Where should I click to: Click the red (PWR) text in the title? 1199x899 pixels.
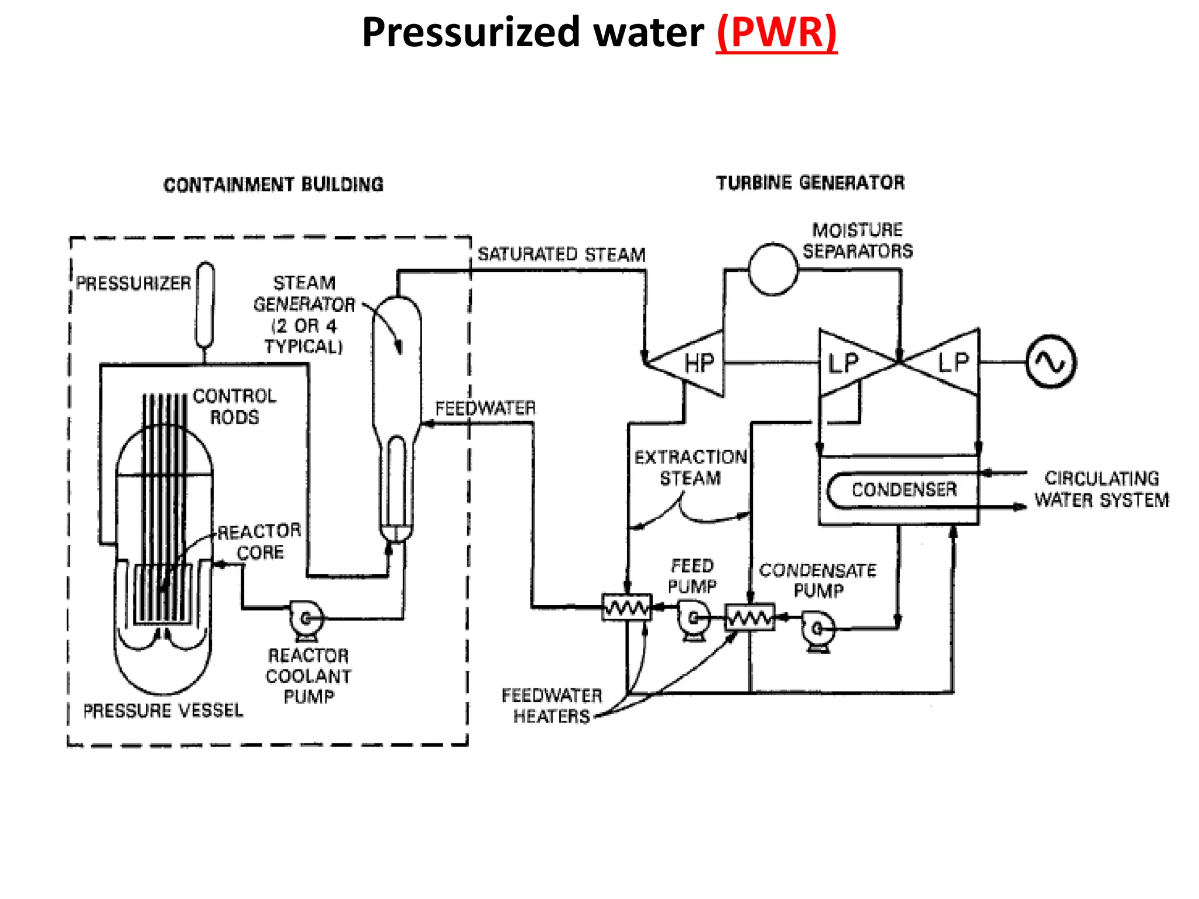coord(776,33)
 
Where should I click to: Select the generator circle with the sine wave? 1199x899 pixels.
coord(1051,362)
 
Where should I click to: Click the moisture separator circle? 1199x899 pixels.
coord(773,269)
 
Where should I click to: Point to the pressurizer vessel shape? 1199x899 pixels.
coord(205,304)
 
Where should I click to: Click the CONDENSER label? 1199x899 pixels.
coord(903,490)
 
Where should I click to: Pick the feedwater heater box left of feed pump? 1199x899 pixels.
coord(626,608)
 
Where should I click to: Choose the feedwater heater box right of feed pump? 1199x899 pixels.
coord(749,617)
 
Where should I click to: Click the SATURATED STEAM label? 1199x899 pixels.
coord(561,255)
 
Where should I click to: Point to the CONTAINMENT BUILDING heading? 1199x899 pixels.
coord(273,185)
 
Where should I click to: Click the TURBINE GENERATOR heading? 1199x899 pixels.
coord(810,183)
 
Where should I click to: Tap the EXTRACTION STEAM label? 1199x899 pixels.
coord(691,467)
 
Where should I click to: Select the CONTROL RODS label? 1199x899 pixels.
coord(234,406)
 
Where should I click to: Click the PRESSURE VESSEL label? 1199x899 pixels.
coord(163,711)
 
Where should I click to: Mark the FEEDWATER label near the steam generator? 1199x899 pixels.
coord(485,408)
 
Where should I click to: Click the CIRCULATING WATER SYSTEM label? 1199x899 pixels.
coord(1101,489)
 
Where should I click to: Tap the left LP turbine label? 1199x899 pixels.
coord(842,363)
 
